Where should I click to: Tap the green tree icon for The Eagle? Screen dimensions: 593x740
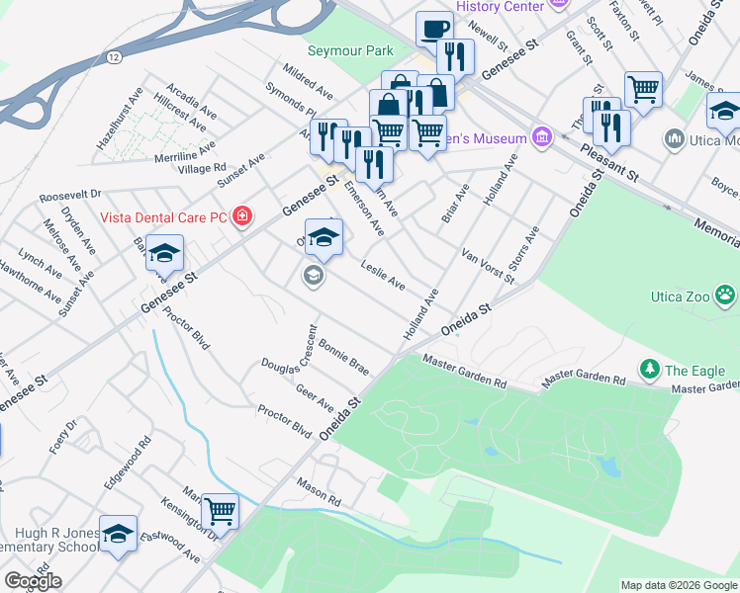coord(650,370)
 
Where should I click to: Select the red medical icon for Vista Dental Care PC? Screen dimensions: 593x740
coord(241,216)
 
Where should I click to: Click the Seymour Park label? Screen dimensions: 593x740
coord(350,51)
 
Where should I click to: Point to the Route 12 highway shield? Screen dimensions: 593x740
coord(116,58)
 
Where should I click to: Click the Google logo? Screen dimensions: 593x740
coord(32,581)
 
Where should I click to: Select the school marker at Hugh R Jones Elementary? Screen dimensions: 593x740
coord(119,536)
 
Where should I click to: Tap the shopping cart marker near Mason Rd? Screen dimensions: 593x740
coord(221,511)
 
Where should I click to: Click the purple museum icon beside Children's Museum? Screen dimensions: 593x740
coord(541,136)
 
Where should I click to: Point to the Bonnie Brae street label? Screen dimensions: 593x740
coord(344,355)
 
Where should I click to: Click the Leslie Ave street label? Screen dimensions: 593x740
coord(383,276)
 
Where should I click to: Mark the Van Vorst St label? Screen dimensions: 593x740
coord(488,267)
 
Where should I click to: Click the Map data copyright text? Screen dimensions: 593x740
coord(678,585)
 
